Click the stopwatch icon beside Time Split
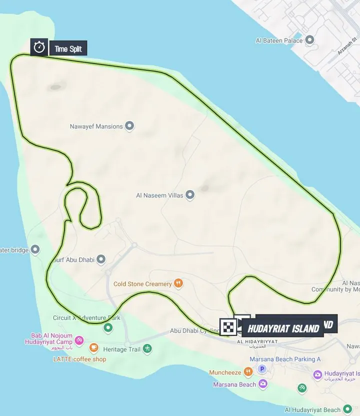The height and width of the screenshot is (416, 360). click(39, 47)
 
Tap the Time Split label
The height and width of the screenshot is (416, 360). click(68, 48)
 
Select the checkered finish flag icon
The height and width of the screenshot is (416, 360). click(228, 326)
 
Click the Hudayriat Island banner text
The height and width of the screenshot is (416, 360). click(282, 328)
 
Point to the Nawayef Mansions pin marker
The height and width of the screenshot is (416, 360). click(129, 126)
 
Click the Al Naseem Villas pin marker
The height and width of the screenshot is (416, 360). click(190, 195)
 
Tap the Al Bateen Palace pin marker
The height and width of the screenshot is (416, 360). click(309, 40)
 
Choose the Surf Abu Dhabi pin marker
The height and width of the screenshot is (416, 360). click(101, 259)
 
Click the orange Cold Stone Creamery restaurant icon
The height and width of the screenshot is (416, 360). click(178, 283)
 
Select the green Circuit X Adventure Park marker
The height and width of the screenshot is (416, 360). click(108, 328)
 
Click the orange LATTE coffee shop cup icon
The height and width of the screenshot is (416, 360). click(93, 347)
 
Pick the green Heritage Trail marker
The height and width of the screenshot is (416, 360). click(147, 348)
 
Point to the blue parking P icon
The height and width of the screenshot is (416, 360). click(261, 369)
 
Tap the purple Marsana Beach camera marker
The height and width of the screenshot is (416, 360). click(262, 384)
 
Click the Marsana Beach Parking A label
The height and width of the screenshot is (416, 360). click(285, 359)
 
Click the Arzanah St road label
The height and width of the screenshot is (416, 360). click(347, 45)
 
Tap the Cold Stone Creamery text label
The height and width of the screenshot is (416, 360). click(142, 284)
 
